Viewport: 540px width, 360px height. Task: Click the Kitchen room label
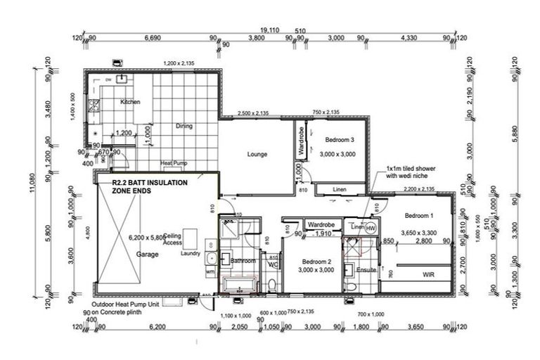[130, 102]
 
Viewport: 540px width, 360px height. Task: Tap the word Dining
[184, 127]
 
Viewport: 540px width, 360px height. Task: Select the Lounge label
[257, 154]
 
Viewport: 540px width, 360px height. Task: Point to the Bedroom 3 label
[337, 140]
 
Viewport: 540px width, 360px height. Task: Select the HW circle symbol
[371, 228]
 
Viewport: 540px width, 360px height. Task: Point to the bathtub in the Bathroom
[240, 285]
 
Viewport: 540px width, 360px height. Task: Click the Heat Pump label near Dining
[172, 164]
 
